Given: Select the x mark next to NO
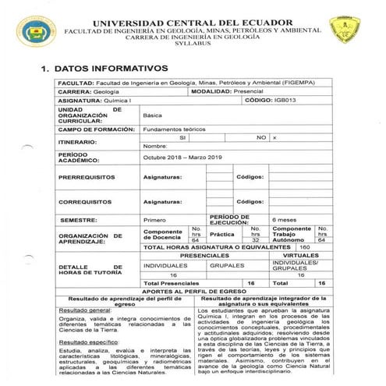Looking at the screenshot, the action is (x=274, y=136).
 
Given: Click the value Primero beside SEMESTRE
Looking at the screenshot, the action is (x=154, y=220).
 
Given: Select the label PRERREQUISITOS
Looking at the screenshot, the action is (x=87, y=178).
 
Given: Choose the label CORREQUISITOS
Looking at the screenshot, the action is (x=87, y=201).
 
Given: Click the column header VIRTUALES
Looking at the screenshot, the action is (x=300, y=255).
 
